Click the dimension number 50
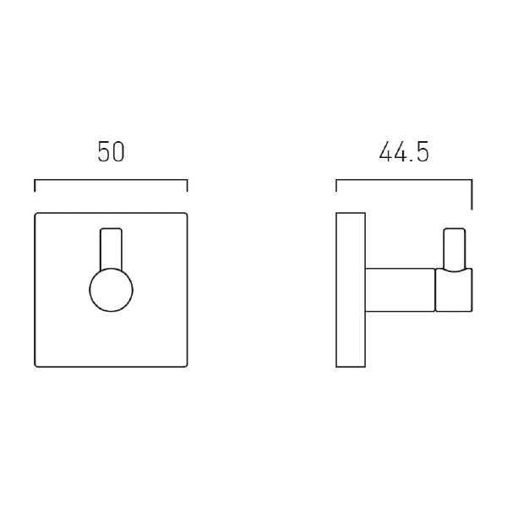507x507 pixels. coord(111,152)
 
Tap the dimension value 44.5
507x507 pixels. coord(403,152)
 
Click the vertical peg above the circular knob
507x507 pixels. coord(111,248)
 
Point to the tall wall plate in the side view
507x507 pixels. coord(350,290)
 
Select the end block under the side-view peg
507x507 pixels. coord(454,290)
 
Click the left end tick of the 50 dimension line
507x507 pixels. coord(35,186)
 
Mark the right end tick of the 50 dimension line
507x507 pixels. coord(187,186)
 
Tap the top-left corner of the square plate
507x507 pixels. coord(35,213)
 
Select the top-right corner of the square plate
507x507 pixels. coord(186,213)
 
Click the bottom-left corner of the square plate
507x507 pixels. coord(35,366)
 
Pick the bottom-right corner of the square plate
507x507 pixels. coord(186,366)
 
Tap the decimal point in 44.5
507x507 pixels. coord(410,161)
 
